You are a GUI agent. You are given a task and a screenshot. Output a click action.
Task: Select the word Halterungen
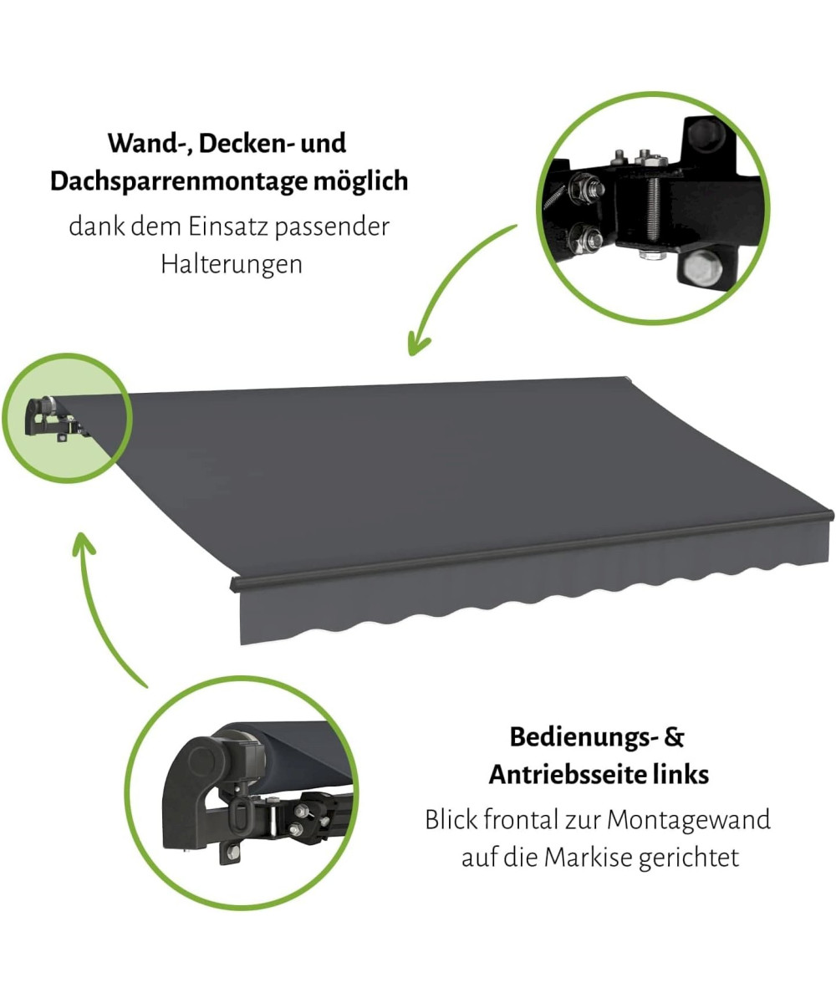[232, 264]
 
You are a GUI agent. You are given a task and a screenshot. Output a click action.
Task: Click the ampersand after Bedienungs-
[674, 750]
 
